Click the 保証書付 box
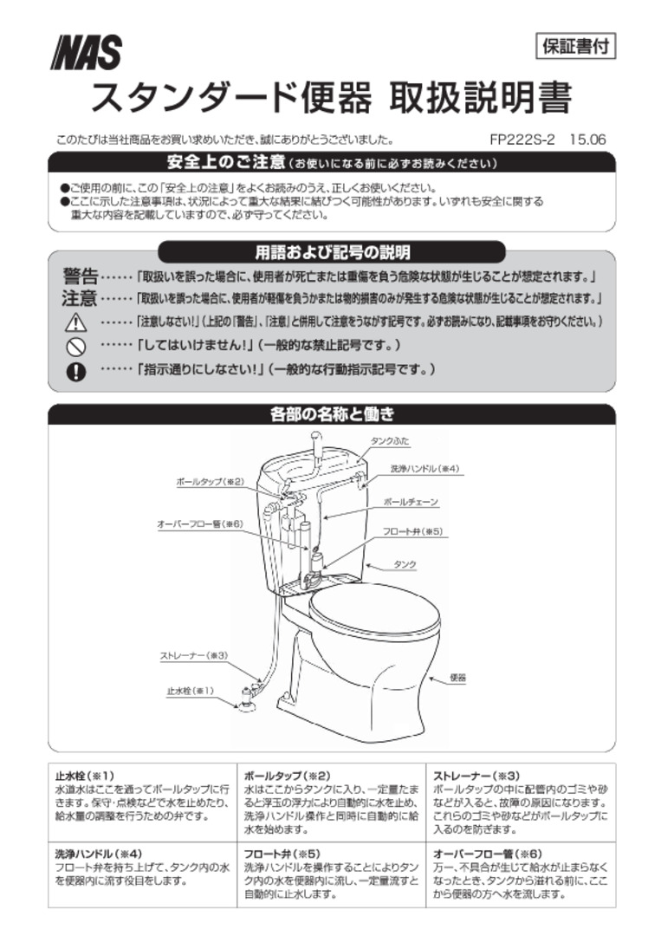click(x=574, y=47)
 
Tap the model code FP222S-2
click(x=522, y=140)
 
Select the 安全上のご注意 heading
click(x=226, y=162)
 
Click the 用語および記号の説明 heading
click(x=332, y=252)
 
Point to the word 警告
click(x=80, y=277)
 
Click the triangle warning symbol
click(x=76, y=322)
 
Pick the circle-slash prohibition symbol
click(x=76, y=346)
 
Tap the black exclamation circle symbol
click(x=76, y=370)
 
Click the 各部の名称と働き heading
click(x=333, y=414)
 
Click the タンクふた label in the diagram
click(x=390, y=442)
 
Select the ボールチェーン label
click(x=411, y=503)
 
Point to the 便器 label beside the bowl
click(x=458, y=678)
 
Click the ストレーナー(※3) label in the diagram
click(x=193, y=655)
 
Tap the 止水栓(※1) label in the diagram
click(x=191, y=691)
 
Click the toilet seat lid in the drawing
click(x=374, y=610)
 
